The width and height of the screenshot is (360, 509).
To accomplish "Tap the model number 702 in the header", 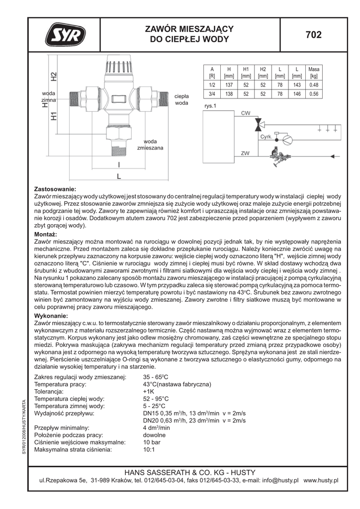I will point(313,35).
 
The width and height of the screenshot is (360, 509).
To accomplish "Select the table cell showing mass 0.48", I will point(314,85).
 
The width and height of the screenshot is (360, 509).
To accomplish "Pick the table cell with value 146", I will point(297,93).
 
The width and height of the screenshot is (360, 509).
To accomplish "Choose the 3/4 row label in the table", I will point(212,93).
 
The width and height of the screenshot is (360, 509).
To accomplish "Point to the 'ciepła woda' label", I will point(181,99).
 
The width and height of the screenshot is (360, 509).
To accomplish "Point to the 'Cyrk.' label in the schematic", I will point(266,136).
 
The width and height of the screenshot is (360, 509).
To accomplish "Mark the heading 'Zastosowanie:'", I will point(55,189).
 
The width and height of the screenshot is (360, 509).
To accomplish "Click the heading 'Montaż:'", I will point(45,234).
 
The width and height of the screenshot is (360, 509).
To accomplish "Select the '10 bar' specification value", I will point(151,442).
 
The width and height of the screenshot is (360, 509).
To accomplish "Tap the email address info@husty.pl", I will point(275,481).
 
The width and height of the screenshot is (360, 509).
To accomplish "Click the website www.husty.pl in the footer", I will point(321,481).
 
